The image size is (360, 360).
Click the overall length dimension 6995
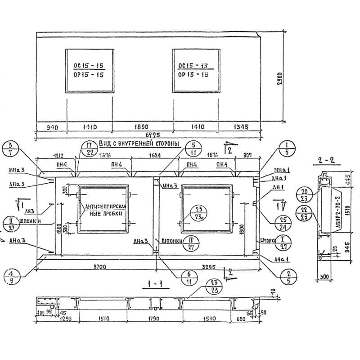[x=151, y=135]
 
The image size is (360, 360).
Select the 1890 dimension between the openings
[x=142, y=127]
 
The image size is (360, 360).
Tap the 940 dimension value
[x=52, y=127]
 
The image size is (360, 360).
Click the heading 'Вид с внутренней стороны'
[x=139, y=144]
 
